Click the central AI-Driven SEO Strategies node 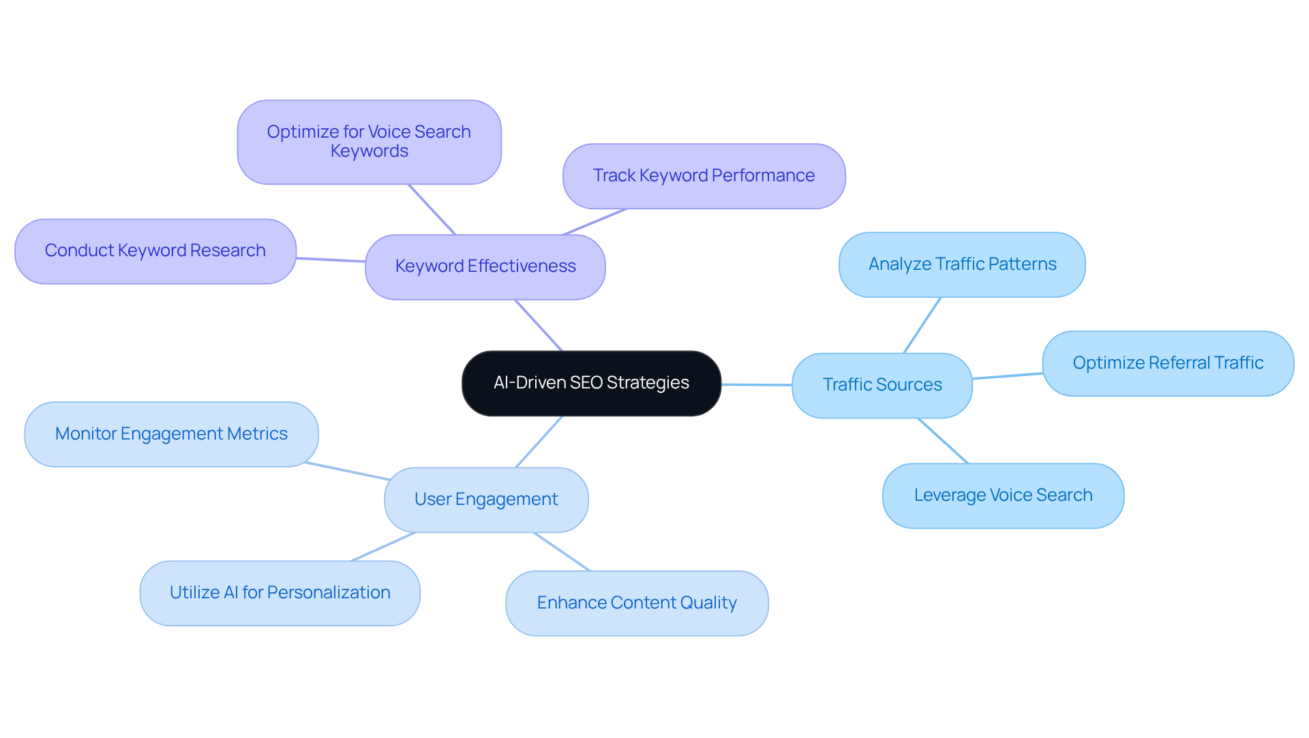pyautogui.click(x=591, y=384)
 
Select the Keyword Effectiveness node pyautogui.click(x=485, y=267)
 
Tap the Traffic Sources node pyautogui.click(x=882, y=386)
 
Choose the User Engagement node pyautogui.click(x=485, y=500)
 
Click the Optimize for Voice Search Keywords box pyautogui.click(x=369, y=142)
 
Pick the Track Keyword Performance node pyautogui.click(x=704, y=176)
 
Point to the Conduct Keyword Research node pyautogui.click(x=155, y=251)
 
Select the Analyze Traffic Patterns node pyautogui.click(x=962, y=265)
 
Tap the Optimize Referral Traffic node pyautogui.click(x=1167, y=364)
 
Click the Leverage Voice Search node pyautogui.click(x=1003, y=496)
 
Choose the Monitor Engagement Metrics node pyautogui.click(x=171, y=435)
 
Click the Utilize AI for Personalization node pyautogui.click(x=280, y=594)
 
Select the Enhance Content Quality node pyautogui.click(x=637, y=604)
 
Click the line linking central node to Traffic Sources pyautogui.click(x=757, y=385)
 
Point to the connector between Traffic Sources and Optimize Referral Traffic pyautogui.click(x=1008, y=376)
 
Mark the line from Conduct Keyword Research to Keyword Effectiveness pyautogui.click(x=331, y=260)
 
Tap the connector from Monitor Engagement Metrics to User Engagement pyautogui.click(x=348, y=472)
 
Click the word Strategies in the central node pyautogui.click(x=648, y=383)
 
